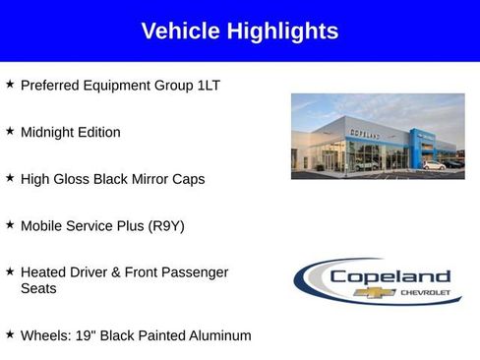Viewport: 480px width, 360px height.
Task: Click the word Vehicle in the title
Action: coord(181,31)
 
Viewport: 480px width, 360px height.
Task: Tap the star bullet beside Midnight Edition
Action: coord(10,131)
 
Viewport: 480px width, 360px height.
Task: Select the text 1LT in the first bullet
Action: coord(208,86)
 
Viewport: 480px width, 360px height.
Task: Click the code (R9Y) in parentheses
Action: coord(165,226)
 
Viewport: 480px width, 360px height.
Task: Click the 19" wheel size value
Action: coord(85,335)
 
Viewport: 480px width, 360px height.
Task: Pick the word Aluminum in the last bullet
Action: coord(219,335)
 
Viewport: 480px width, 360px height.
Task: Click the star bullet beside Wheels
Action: coord(10,334)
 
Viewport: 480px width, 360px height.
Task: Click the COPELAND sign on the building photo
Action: coord(365,134)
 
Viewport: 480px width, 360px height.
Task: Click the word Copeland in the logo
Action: coord(389,276)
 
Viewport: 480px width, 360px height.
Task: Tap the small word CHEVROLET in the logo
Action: coord(424,292)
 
